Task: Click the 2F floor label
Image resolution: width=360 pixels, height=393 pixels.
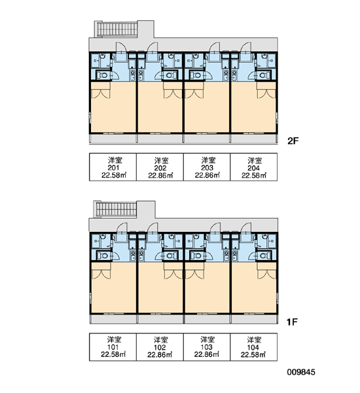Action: tap(293, 141)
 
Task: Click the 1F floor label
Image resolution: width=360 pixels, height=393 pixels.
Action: tap(292, 322)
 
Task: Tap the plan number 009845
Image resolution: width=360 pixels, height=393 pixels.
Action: tap(301, 372)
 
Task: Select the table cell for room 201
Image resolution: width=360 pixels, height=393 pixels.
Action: tap(113, 167)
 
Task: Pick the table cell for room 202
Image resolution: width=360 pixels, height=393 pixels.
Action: tap(160, 167)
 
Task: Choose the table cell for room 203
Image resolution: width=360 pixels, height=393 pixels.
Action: tap(207, 167)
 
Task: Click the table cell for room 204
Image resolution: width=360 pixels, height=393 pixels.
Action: tap(253, 167)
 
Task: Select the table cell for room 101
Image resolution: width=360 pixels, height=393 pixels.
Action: tap(113, 347)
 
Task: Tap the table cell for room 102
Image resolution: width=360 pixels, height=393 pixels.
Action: tap(160, 347)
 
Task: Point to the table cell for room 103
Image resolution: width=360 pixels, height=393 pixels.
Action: tap(207, 347)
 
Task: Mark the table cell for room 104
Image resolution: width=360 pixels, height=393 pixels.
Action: tap(253, 347)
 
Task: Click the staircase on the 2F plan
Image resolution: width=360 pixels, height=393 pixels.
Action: tap(117, 29)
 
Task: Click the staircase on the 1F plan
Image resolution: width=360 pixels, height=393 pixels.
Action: tap(116, 210)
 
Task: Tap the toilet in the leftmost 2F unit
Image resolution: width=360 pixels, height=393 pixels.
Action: tap(102, 75)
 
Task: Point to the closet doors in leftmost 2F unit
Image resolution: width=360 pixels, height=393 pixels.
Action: tap(101, 93)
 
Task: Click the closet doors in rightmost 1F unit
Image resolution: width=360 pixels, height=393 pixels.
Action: tap(267, 274)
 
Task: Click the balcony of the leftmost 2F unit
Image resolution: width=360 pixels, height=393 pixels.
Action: tap(113, 138)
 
